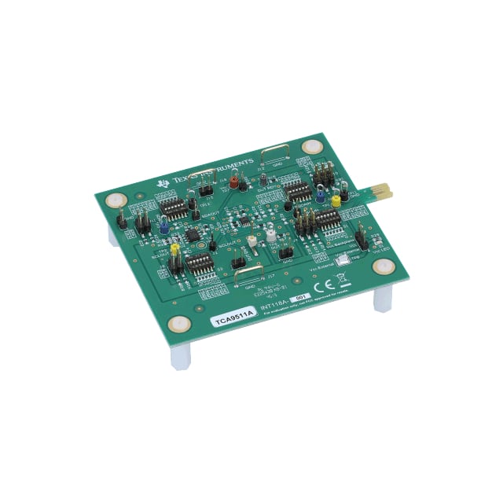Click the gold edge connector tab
(x=382, y=191)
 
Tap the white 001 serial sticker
(x=299, y=298)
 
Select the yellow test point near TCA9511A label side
(x=174, y=247)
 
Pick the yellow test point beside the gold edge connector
(x=336, y=201)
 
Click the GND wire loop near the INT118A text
(x=249, y=274)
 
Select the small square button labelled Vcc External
(x=341, y=259)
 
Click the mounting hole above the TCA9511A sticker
(x=180, y=322)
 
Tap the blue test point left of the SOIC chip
(x=163, y=226)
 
